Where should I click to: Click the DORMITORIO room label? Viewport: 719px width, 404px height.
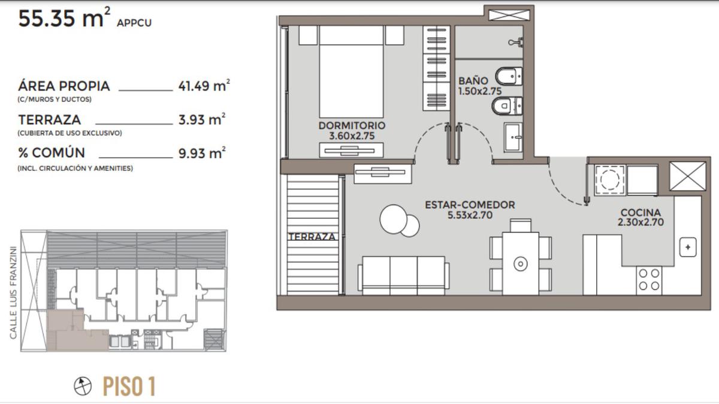coord(352,125)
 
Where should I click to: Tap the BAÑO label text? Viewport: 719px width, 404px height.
coord(473,81)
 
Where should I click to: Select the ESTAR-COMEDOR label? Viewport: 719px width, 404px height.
coord(470,205)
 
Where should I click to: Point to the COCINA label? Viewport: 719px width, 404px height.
coord(641,213)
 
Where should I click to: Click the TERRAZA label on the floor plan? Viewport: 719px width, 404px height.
coord(312,237)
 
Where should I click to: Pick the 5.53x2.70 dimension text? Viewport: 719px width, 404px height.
coord(470,215)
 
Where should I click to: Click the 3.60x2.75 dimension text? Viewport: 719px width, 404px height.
coord(352,136)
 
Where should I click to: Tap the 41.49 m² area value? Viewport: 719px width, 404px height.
coord(204,86)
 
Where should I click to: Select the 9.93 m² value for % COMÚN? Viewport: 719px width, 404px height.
coord(202,153)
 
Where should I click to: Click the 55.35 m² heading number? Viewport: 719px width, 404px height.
coord(64,18)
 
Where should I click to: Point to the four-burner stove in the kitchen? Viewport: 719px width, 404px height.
coord(649,280)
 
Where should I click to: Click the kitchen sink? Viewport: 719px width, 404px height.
coord(688,247)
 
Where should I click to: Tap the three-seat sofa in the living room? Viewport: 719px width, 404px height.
coord(403,275)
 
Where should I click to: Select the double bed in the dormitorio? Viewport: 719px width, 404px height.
coord(351,71)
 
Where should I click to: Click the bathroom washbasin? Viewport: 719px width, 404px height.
coord(513,137)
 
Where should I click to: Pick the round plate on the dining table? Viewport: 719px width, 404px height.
coord(520,264)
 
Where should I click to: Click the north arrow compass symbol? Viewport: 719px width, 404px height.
coord(83,386)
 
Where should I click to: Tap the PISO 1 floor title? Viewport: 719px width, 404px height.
coord(129,386)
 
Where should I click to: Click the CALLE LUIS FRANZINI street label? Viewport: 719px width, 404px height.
coord(13,293)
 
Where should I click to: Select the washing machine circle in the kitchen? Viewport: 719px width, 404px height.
coord(610,180)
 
